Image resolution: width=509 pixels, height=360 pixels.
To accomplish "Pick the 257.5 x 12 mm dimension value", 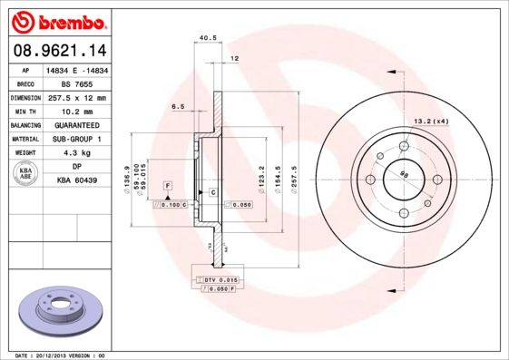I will click(77, 97).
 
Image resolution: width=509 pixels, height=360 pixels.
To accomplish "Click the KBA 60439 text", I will click(77, 181).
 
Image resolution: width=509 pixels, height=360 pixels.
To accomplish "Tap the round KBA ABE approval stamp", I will click(25, 174).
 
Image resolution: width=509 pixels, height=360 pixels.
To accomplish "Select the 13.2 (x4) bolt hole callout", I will click(432, 122).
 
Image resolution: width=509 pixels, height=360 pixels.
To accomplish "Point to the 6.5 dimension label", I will click(178, 106).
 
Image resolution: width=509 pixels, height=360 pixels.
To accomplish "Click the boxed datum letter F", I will click(167, 185).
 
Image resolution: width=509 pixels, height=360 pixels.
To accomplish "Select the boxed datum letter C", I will click(212, 193).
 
